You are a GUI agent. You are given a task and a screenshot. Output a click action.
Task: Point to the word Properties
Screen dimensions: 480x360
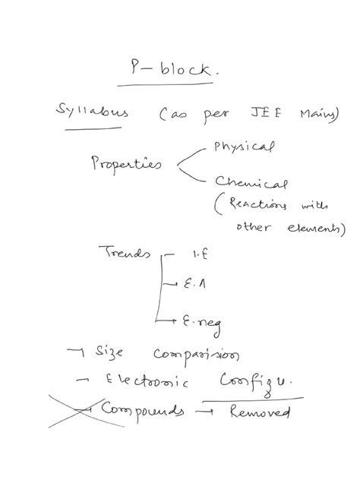125,163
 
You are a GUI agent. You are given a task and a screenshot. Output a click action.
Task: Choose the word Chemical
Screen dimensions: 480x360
251,185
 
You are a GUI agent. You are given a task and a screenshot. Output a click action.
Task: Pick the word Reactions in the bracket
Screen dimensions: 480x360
254,206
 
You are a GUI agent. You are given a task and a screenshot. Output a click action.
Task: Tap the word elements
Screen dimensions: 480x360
312,226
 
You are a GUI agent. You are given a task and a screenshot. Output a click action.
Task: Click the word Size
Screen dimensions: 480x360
113,353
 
